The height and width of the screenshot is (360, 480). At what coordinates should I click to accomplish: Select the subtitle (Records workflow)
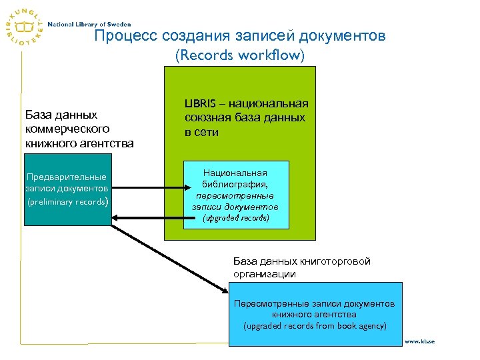point(239,55)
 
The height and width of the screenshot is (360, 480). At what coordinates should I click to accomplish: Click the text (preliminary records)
point(67,201)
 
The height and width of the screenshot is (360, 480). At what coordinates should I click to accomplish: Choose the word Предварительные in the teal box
point(67,177)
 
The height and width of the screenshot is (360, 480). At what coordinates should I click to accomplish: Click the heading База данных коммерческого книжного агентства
point(79,129)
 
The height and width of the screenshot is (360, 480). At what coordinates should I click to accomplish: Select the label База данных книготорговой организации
point(301,267)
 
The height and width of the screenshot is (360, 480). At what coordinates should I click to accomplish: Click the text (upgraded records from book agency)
point(315,326)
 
